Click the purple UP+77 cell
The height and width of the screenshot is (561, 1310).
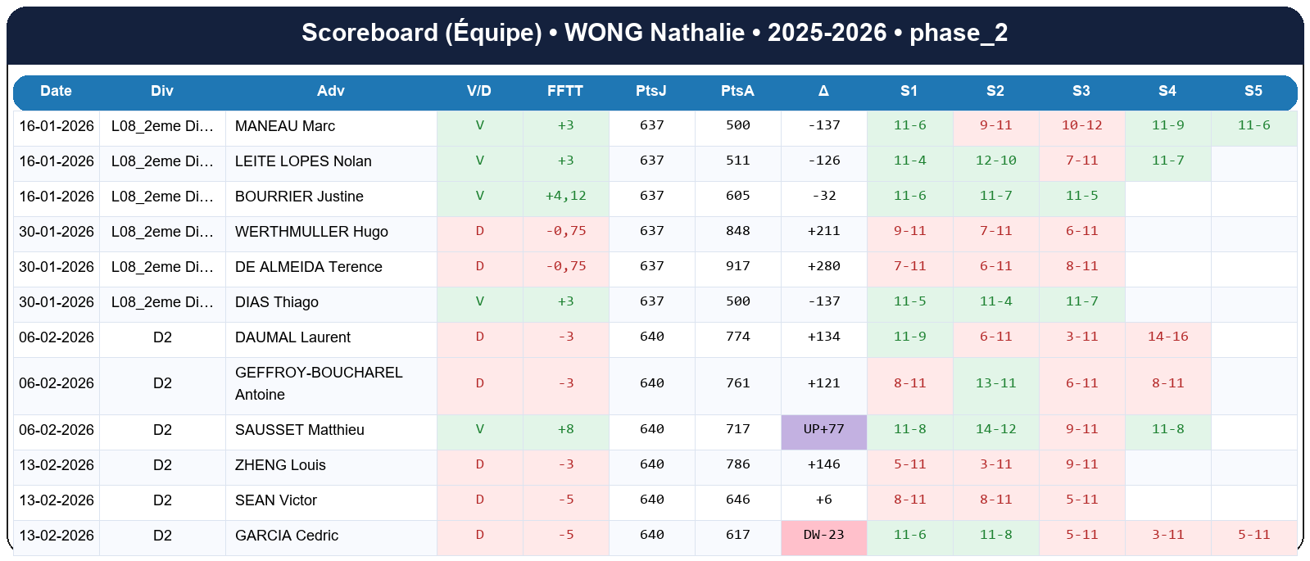tap(823, 430)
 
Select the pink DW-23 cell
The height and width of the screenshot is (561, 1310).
tap(823, 536)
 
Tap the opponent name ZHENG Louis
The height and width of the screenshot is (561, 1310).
tap(280, 465)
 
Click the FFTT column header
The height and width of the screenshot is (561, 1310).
tap(565, 91)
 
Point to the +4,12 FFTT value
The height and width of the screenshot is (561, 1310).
tap(565, 197)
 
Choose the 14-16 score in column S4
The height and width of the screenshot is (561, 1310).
tap(1167, 337)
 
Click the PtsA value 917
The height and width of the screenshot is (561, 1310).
tap(737, 266)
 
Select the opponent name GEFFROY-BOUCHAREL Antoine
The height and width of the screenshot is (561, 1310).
tap(319, 383)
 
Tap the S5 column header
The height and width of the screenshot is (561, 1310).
tap(1253, 91)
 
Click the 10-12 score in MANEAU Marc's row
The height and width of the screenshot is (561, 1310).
tap(1081, 125)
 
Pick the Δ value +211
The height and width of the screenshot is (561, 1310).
tap(823, 231)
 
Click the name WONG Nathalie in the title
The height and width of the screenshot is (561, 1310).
tap(654, 33)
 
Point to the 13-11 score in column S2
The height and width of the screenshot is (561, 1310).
tap(995, 383)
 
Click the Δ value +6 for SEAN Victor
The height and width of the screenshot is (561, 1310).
tap(823, 500)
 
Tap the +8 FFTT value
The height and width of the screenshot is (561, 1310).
tap(565, 430)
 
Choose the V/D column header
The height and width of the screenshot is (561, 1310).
tap(479, 91)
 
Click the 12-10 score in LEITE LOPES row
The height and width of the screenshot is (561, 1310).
tap(995, 161)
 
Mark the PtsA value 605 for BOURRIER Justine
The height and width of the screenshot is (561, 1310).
tap(737, 197)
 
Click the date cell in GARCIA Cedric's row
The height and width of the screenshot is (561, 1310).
tap(57, 536)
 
